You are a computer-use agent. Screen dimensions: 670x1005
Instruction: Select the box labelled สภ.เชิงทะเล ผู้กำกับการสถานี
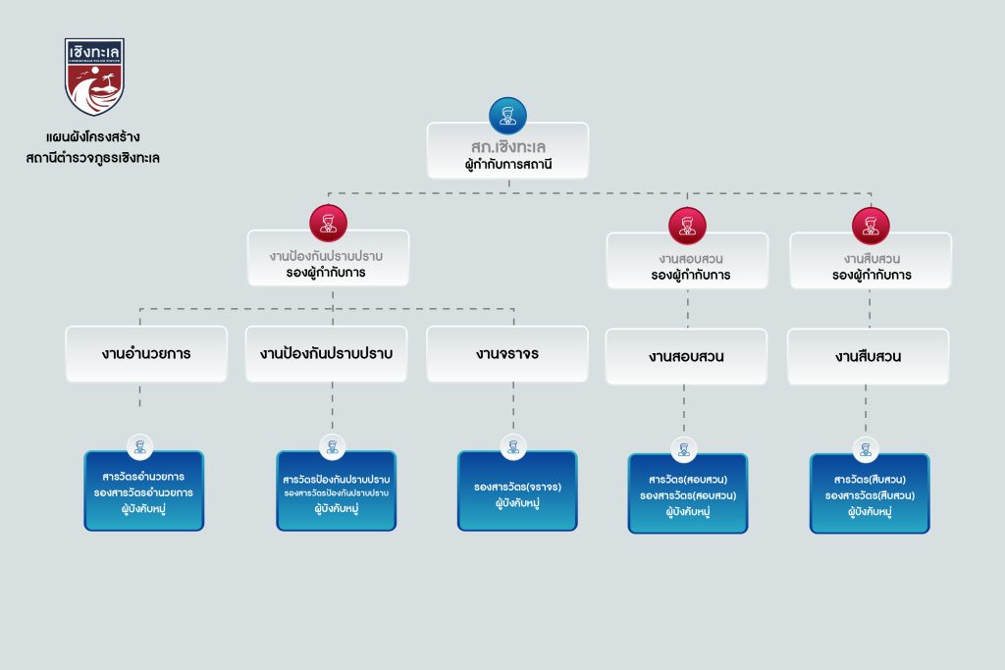[x=507, y=150]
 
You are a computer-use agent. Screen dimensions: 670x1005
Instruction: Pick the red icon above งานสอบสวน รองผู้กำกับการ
[x=687, y=226]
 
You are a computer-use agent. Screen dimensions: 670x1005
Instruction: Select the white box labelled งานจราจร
[x=506, y=353]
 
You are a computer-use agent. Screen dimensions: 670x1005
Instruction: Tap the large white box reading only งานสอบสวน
[x=686, y=356]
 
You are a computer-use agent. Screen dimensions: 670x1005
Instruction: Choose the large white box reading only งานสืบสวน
[x=868, y=356]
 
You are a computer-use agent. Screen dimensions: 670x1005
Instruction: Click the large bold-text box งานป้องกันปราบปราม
[x=326, y=353]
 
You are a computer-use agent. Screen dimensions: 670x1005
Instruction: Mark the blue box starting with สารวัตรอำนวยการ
[x=143, y=490]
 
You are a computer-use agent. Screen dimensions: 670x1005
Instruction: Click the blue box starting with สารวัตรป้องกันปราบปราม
[x=336, y=490]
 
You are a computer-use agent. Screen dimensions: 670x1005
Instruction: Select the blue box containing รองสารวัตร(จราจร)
[x=517, y=490]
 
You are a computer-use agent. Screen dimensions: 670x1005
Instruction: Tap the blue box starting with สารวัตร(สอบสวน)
[x=687, y=493]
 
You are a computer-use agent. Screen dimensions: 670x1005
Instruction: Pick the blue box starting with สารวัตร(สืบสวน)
[x=869, y=493]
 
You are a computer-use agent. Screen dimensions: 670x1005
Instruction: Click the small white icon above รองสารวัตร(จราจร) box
[x=511, y=446]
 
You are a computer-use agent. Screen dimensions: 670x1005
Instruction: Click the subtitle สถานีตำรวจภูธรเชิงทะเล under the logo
[x=93, y=157]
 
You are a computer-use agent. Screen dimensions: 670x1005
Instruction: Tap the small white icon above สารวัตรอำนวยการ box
[x=139, y=446]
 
